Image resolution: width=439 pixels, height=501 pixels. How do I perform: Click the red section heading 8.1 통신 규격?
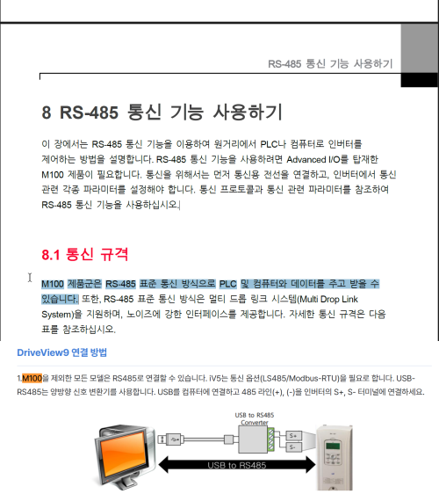(x=85, y=255)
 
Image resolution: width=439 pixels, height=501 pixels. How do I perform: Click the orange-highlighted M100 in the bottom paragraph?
(x=32, y=377)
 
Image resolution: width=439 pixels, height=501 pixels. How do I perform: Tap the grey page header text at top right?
(x=329, y=64)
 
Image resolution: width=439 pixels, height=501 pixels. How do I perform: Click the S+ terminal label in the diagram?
(x=293, y=434)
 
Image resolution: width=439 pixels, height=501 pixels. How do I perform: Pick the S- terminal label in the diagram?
(x=293, y=447)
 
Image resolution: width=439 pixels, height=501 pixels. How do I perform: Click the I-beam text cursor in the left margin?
(x=30, y=278)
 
